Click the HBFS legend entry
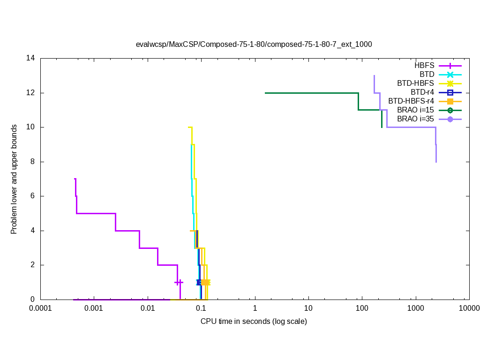point(424,65)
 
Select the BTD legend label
point(427,74)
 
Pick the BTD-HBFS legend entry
point(415,83)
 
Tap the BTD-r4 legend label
point(422,92)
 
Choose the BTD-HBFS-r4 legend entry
point(411,101)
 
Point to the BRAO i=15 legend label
point(415,110)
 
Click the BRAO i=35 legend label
point(415,119)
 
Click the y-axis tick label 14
point(31,59)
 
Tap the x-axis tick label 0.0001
point(40,308)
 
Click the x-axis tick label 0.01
point(148,308)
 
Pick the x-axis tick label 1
point(255,308)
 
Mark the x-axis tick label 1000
point(415,308)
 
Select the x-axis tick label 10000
point(469,308)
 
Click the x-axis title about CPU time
point(254,322)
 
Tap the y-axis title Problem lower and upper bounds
point(15,179)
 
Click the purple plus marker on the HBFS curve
point(179,282)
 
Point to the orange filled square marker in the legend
point(450,101)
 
